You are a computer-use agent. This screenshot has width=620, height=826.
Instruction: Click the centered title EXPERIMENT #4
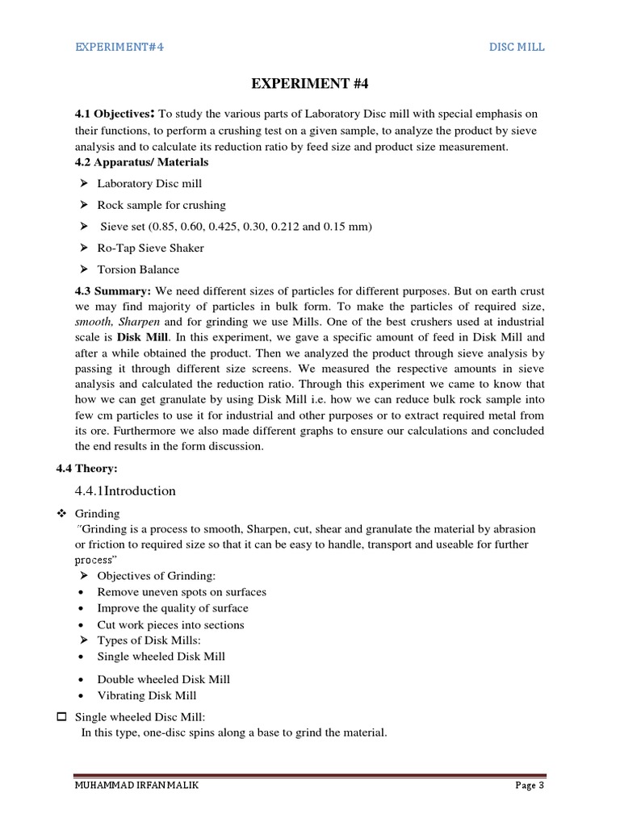coord(310,84)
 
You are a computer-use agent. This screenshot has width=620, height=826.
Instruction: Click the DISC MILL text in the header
coord(517,47)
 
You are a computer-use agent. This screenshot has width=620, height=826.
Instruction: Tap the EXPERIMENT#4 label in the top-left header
coord(119,47)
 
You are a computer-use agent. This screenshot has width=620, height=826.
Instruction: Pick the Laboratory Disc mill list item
coord(149,184)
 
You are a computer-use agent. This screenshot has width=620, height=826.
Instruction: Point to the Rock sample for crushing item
coord(161,205)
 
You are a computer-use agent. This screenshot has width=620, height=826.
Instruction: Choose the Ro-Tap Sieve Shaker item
coord(150,248)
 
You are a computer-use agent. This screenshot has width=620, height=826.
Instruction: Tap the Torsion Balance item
coord(138,269)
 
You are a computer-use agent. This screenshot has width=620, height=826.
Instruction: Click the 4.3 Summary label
coord(112,290)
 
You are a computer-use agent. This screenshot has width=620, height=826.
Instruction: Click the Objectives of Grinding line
coord(157,575)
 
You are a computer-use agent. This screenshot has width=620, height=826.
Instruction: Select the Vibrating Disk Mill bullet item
coord(147,695)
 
